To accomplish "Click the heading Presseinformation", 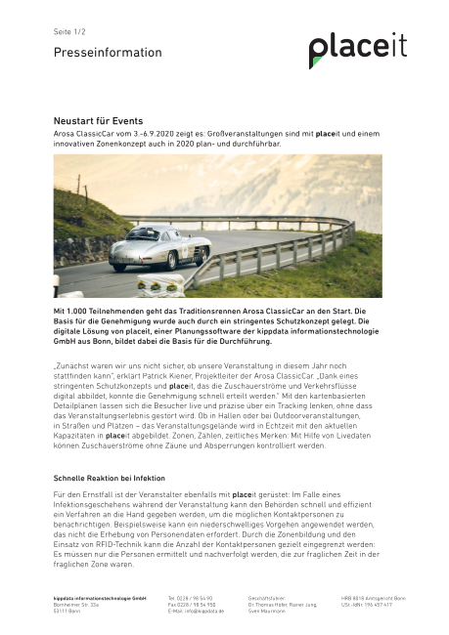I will tap(94, 53).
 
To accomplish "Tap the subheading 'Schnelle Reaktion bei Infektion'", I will tap(109, 479).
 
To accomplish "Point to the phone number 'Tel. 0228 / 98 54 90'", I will tap(191, 597).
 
